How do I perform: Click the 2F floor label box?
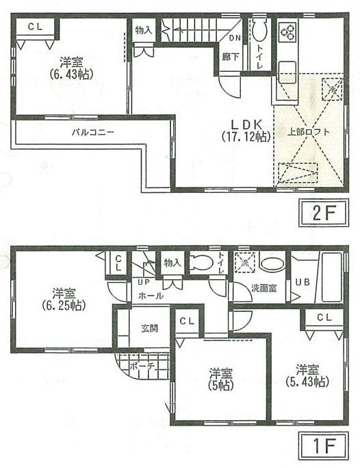coord(322,213)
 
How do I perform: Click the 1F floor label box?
coord(322,448)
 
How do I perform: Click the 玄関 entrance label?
coord(150,328)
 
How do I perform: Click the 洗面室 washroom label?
coord(262,288)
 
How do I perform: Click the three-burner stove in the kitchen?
coord(287,31)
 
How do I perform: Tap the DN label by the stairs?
coord(233,38)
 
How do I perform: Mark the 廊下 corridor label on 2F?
coord(231,57)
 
